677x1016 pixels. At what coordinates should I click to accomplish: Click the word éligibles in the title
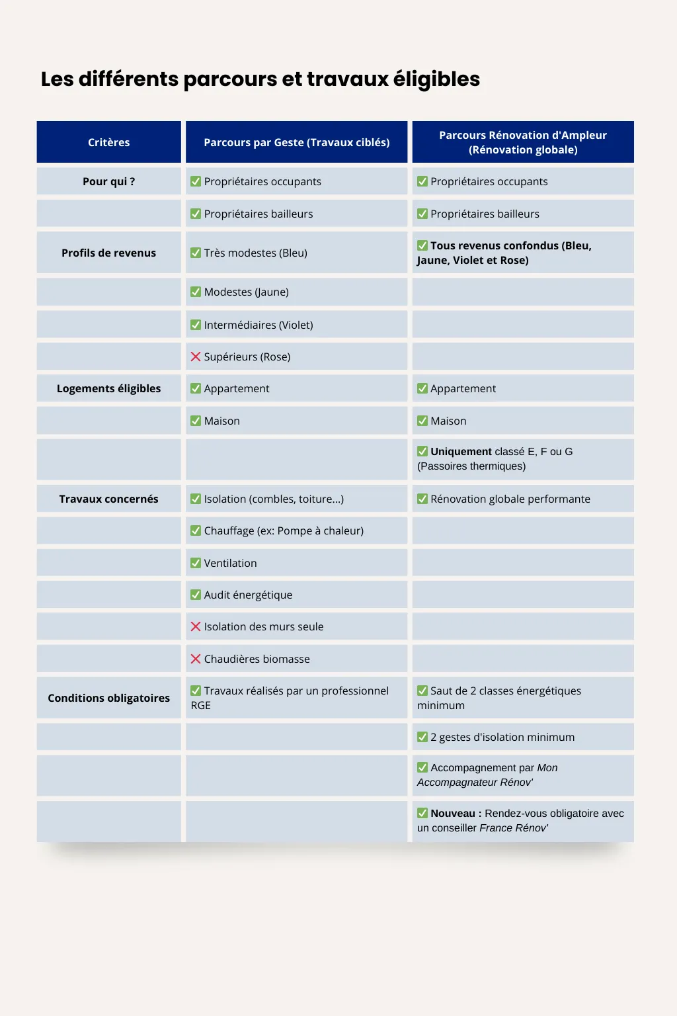436,79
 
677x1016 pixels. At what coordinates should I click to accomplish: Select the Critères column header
108,142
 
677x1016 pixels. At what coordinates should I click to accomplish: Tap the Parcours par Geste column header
296,142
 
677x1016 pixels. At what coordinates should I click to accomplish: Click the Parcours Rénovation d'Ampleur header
523,142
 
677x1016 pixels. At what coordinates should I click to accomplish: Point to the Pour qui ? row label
108,181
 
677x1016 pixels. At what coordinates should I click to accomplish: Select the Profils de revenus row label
108,253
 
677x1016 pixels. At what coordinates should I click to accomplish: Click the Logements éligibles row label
108,388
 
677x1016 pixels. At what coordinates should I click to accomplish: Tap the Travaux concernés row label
108,499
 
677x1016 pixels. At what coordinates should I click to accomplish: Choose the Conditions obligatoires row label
108,698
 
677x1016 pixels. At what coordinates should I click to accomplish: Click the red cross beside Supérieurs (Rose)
196,357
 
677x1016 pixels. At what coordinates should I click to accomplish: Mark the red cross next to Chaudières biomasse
196,659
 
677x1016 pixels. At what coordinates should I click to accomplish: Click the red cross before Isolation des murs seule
196,626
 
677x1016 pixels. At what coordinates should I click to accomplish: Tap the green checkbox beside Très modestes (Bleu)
196,253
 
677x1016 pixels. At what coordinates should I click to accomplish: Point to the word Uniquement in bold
461,452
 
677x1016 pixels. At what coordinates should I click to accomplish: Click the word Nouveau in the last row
453,814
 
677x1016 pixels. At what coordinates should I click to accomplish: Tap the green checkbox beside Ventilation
196,563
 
